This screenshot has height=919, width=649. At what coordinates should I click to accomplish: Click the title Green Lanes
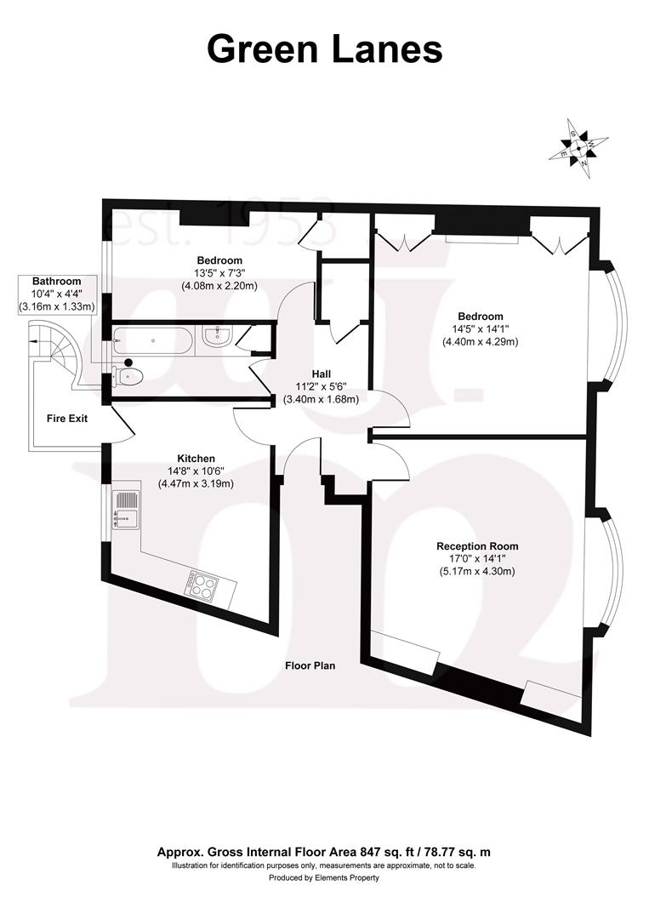pyautogui.click(x=324, y=49)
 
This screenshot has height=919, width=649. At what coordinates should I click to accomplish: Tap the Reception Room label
pyautogui.click(x=476, y=546)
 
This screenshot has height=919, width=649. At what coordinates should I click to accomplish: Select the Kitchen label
pyautogui.click(x=196, y=458)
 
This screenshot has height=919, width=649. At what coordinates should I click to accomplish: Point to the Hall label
pyautogui.click(x=321, y=374)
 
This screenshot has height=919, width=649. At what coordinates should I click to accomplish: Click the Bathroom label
pyautogui.click(x=56, y=281)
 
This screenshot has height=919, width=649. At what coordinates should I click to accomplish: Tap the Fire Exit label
pyautogui.click(x=66, y=419)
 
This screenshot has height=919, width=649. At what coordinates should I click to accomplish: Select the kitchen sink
pyautogui.click(x=125, y=511)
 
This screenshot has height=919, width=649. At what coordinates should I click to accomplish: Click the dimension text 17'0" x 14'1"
pyautogui.click(x=476, y=559)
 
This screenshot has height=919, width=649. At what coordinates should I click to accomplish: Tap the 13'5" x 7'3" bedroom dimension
pyautogui.click(x=219, y=273)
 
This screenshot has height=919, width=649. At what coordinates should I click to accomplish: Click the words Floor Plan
pyautogui.click(x=310, y=666)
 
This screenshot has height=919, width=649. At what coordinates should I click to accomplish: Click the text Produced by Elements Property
pyautogui.click(x=324, y=878)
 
